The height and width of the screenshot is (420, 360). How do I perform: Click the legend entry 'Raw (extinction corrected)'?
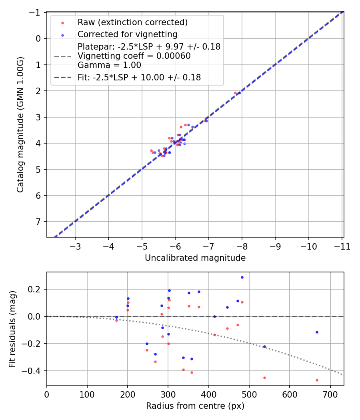tap(132, 22)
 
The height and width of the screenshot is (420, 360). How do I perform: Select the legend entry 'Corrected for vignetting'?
tap(128, 34)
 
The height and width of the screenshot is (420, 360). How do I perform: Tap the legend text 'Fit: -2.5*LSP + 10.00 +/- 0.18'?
tap(139, 78)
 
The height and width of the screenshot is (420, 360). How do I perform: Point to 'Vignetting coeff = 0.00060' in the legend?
tap(134, 56)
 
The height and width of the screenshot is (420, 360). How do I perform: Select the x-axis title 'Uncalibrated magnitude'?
tap(195, 258)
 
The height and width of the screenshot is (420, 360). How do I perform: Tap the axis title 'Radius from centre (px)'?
tap(195, 406)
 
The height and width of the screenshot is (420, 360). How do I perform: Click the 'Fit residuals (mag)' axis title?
tap(12, 328)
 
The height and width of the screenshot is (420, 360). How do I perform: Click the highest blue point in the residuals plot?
tap(242, 277)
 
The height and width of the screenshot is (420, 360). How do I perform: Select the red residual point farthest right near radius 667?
tap(317, 380)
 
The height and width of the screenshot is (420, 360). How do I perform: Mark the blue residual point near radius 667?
tap(317, 332)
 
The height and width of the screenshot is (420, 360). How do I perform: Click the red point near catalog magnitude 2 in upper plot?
tap(235, 93)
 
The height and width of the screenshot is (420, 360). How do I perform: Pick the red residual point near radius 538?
tap(264, 378)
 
